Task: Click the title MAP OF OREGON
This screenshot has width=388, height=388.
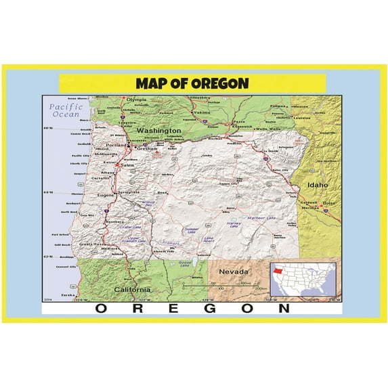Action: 192,83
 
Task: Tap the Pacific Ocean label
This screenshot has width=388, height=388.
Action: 66,110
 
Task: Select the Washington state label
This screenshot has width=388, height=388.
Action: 158,130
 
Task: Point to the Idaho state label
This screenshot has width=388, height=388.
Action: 317,184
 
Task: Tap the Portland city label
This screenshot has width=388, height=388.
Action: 116,144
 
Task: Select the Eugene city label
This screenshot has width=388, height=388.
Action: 106,195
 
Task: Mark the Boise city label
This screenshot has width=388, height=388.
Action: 329,203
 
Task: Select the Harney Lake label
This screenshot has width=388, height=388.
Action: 234,225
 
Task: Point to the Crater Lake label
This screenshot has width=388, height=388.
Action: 135,228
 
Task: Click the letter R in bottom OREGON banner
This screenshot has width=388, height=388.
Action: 135,308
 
